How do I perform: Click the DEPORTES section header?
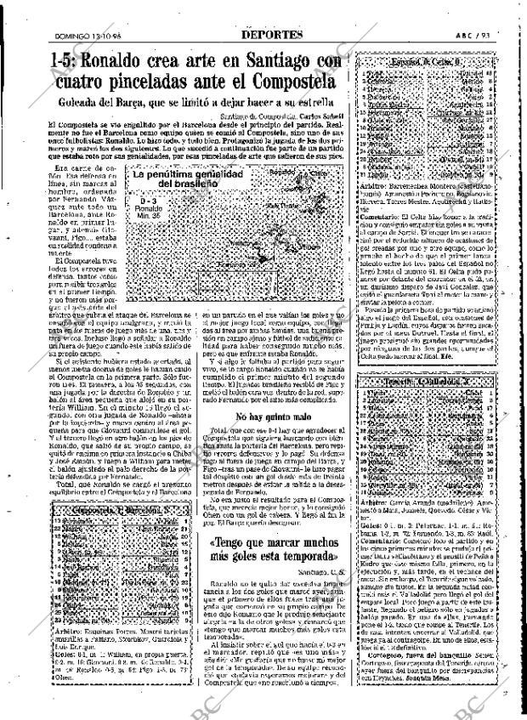(x=264, y=11)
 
